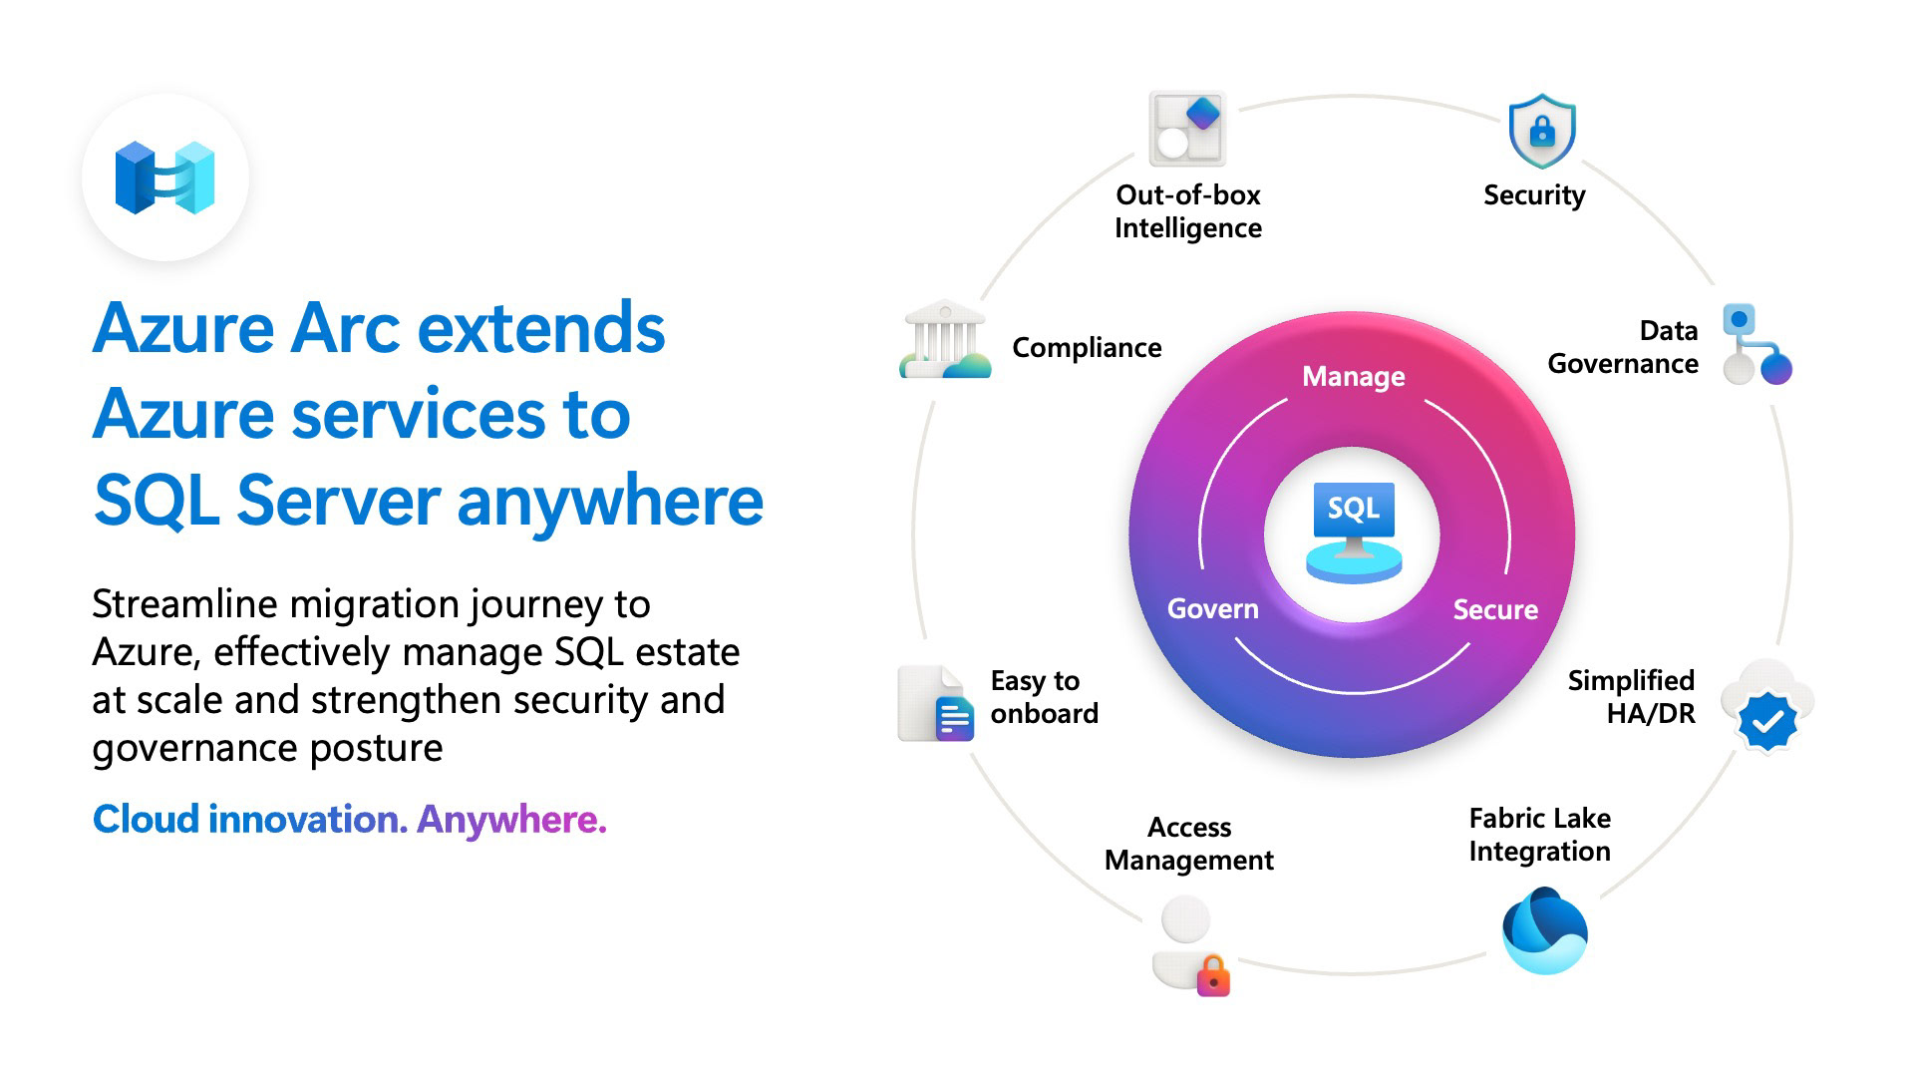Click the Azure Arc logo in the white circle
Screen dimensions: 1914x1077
pos(165,178)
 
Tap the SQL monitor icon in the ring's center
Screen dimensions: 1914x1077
pos(1353,532)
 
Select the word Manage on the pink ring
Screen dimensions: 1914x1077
pos(1353,376)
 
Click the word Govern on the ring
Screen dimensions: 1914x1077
pos(1212,608)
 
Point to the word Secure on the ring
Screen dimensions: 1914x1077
pos(1494,609)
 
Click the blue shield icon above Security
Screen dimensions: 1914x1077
pos(1541,131)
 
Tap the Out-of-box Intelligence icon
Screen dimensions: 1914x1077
pos(1186,129)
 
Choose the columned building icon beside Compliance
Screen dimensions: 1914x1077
pos(944,340)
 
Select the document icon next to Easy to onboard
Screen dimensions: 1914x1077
pos(935,703)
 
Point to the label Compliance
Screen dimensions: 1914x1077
pos(1087,347)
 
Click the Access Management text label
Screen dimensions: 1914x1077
pos(1188,844)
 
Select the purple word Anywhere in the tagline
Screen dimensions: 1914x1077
pos(510,820)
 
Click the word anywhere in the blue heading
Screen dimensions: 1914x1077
pos(610,501)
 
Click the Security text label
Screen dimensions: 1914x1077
pos(1533,195)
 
